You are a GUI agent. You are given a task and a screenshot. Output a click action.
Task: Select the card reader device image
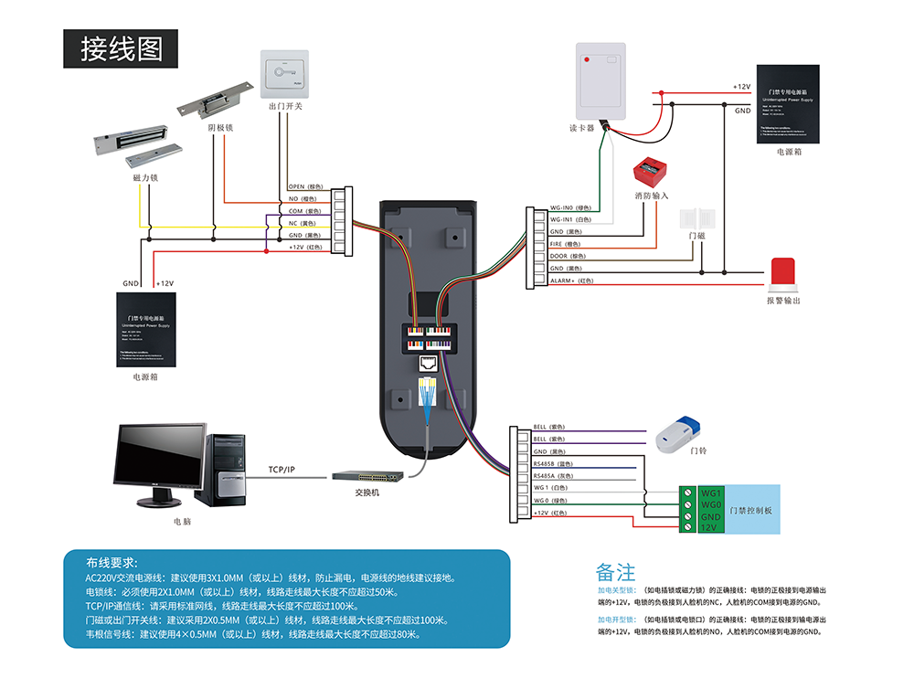point(600,80)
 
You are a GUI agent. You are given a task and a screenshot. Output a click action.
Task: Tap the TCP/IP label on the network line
point(282,469)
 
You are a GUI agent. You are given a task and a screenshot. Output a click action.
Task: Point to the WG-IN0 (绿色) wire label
point(570,207)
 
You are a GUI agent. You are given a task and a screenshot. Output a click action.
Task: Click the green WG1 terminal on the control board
point(710,493)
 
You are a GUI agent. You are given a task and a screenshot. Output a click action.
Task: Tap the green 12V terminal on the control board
point(708,527)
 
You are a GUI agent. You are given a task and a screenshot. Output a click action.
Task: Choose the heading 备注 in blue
point(615,573)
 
